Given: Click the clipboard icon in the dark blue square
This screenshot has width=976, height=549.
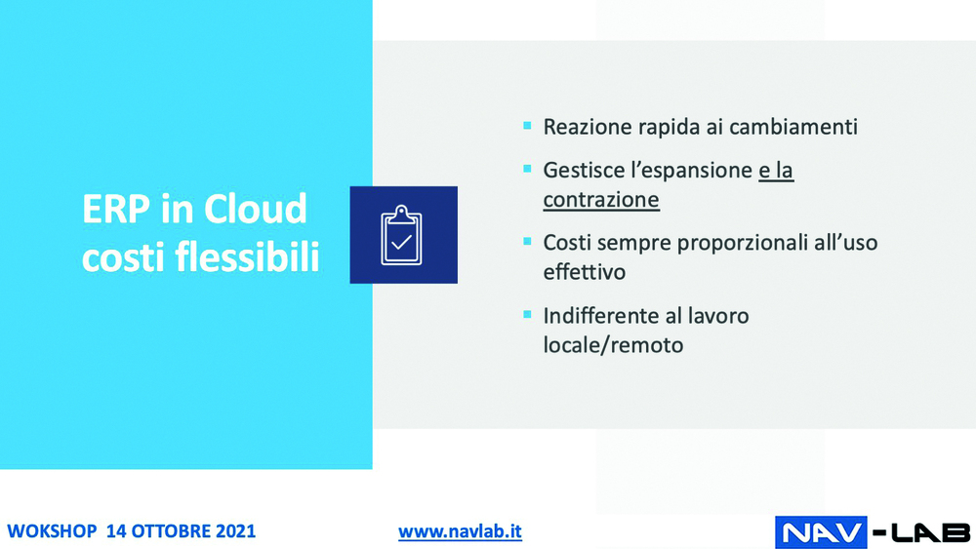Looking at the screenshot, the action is click(401, 235).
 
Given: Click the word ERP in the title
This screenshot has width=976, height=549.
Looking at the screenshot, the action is click(116, 209).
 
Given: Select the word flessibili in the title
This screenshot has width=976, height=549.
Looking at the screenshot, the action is click(247, 256).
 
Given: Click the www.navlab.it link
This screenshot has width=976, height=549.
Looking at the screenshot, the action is click(460, 531).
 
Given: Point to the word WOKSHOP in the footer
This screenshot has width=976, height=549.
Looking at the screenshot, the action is click(52, 531).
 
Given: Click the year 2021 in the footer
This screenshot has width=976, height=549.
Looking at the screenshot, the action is click(236, 531).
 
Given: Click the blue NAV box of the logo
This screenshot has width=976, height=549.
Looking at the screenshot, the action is click(821, 532).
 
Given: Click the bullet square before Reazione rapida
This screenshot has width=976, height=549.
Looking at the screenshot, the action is click(527, 126).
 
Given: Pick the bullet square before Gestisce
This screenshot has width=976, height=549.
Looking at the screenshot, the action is click(527, 169).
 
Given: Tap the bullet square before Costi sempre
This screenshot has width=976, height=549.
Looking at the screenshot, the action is click(527, 241).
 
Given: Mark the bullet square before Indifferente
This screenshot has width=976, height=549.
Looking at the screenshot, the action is click(527, 315).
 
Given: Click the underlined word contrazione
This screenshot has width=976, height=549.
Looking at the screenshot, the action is click(601, 200).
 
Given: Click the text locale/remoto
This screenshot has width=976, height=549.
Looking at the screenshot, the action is click(613, 345).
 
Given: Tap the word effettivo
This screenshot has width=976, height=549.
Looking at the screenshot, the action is click(585, 272).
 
